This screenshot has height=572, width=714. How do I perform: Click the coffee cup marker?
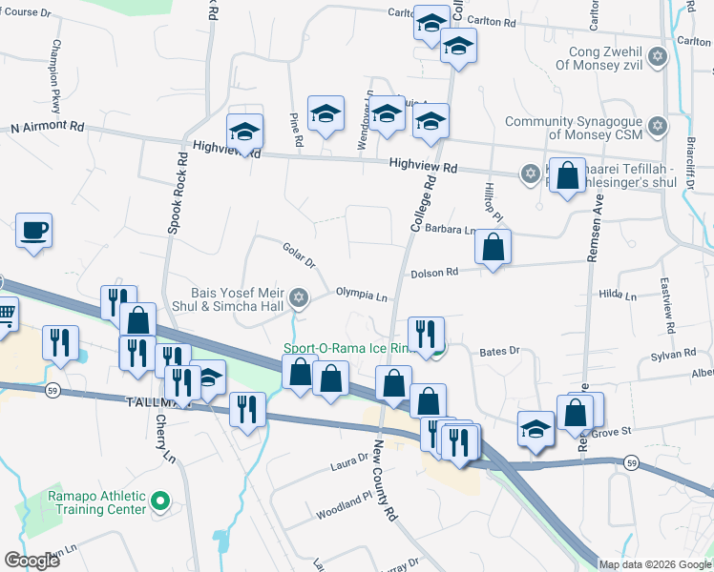pos(34,231)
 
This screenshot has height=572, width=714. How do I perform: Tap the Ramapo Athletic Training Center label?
pos(97,501)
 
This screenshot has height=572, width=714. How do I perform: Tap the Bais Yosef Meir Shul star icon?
pos(299,299)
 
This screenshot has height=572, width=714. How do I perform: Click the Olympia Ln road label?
pos(360,295)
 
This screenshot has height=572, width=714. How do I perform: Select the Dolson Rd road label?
pos(434,273)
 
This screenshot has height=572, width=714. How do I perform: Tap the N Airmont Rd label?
pos(47,126)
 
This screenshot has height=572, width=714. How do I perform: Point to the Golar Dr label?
pos(299,255)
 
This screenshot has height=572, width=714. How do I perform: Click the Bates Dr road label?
pos(499,352)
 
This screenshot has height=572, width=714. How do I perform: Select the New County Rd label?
pos(385,480)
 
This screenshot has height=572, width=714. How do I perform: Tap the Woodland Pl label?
pos(344,506)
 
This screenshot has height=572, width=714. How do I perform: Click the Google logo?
pos(31,561)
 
